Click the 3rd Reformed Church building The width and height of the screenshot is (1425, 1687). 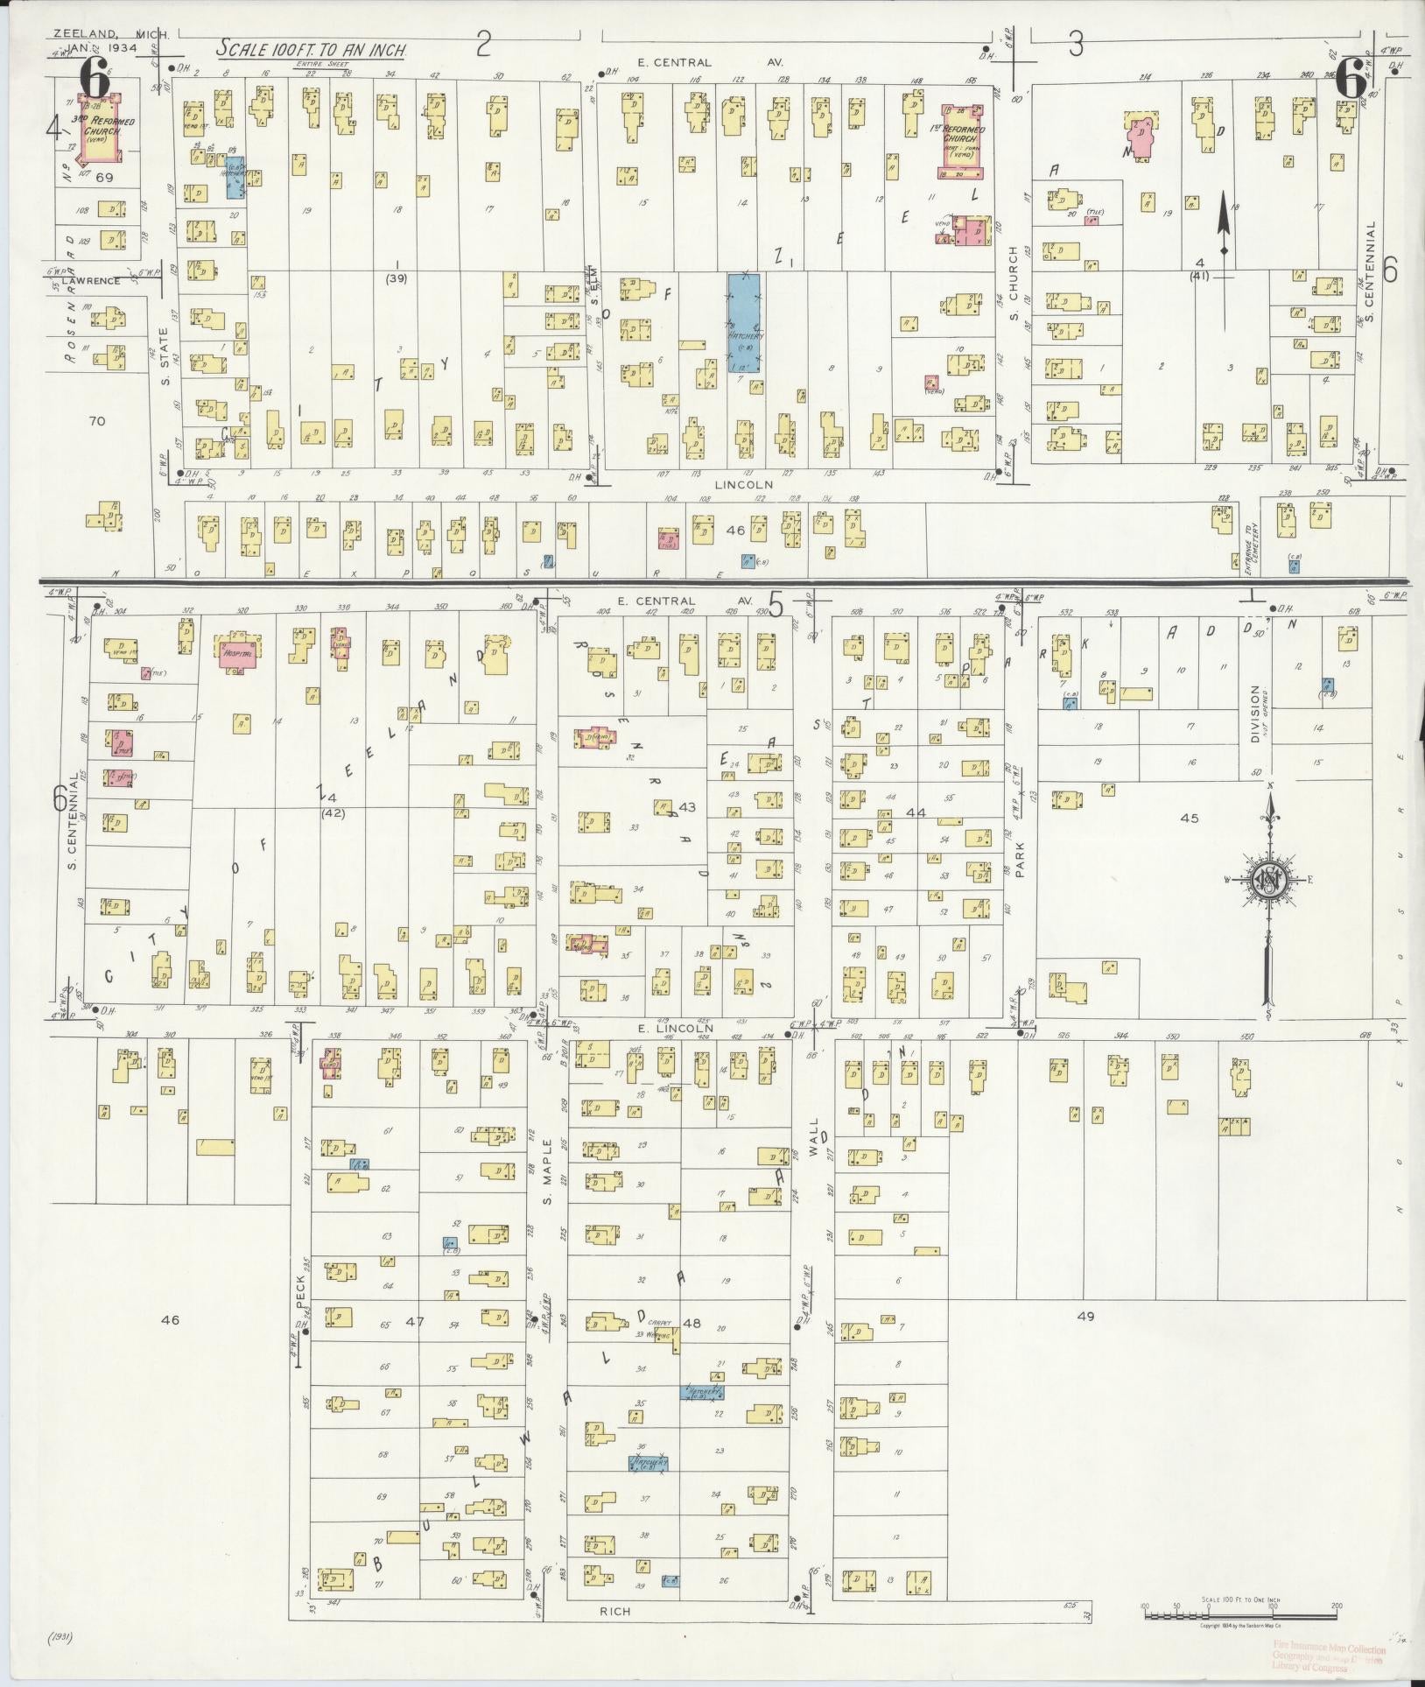click(102, 130)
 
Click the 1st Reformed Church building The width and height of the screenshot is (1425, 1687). click(964, 140)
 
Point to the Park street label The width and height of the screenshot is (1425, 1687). click(1020, 860)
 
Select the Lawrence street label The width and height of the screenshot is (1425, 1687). click(90, 281)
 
